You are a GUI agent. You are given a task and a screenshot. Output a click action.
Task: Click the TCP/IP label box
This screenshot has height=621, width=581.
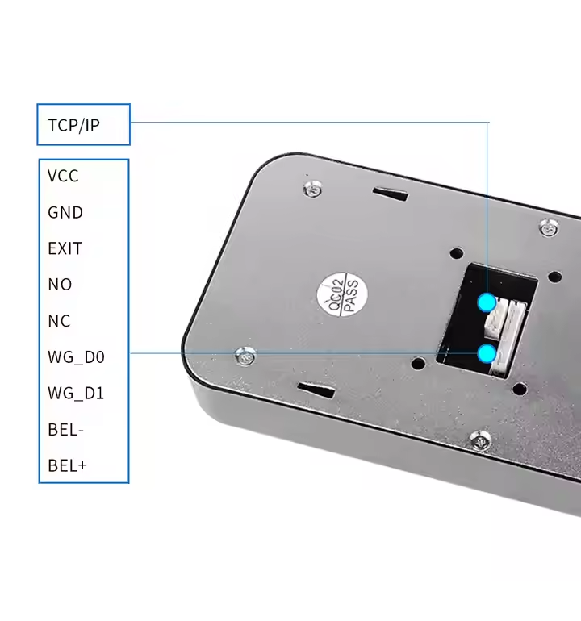pos(83,125)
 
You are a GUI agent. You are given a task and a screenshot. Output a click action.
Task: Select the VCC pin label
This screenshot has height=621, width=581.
pos(63,176)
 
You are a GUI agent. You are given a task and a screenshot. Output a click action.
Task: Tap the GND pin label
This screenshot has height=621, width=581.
pos(65,212)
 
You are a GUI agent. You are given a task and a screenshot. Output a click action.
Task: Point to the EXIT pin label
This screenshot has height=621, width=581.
pos(65,248)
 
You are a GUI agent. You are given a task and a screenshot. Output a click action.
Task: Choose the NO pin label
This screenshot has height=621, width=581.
pos(60,285)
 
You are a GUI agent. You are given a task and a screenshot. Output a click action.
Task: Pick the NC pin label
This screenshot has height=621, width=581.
pos(59,321)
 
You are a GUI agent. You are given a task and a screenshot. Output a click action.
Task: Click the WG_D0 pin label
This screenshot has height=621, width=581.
pos(76,357)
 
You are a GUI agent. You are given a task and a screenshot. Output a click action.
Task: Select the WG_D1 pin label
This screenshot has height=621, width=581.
pos(76,394)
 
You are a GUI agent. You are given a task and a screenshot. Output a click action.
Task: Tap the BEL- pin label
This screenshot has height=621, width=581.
pos(65,430)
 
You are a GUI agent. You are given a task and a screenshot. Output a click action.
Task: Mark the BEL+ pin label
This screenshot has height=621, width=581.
pos(67,466)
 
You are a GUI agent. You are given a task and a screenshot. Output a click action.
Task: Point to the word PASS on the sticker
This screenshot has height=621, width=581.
pos(349,296)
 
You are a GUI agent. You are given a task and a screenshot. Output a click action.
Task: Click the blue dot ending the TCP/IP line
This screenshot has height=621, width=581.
pos(487,302)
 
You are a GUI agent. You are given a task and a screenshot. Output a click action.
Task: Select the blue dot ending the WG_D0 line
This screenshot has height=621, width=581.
pos(487,353)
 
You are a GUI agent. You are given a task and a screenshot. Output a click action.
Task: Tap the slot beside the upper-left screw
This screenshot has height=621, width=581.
pos(391,194)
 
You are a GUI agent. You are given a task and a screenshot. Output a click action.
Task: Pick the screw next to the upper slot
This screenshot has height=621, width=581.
pos(313,189)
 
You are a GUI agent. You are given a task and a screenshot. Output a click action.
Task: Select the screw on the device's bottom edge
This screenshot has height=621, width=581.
pos(481,440)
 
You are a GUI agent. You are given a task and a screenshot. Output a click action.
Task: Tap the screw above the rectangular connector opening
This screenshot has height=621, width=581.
pos(549,228)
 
